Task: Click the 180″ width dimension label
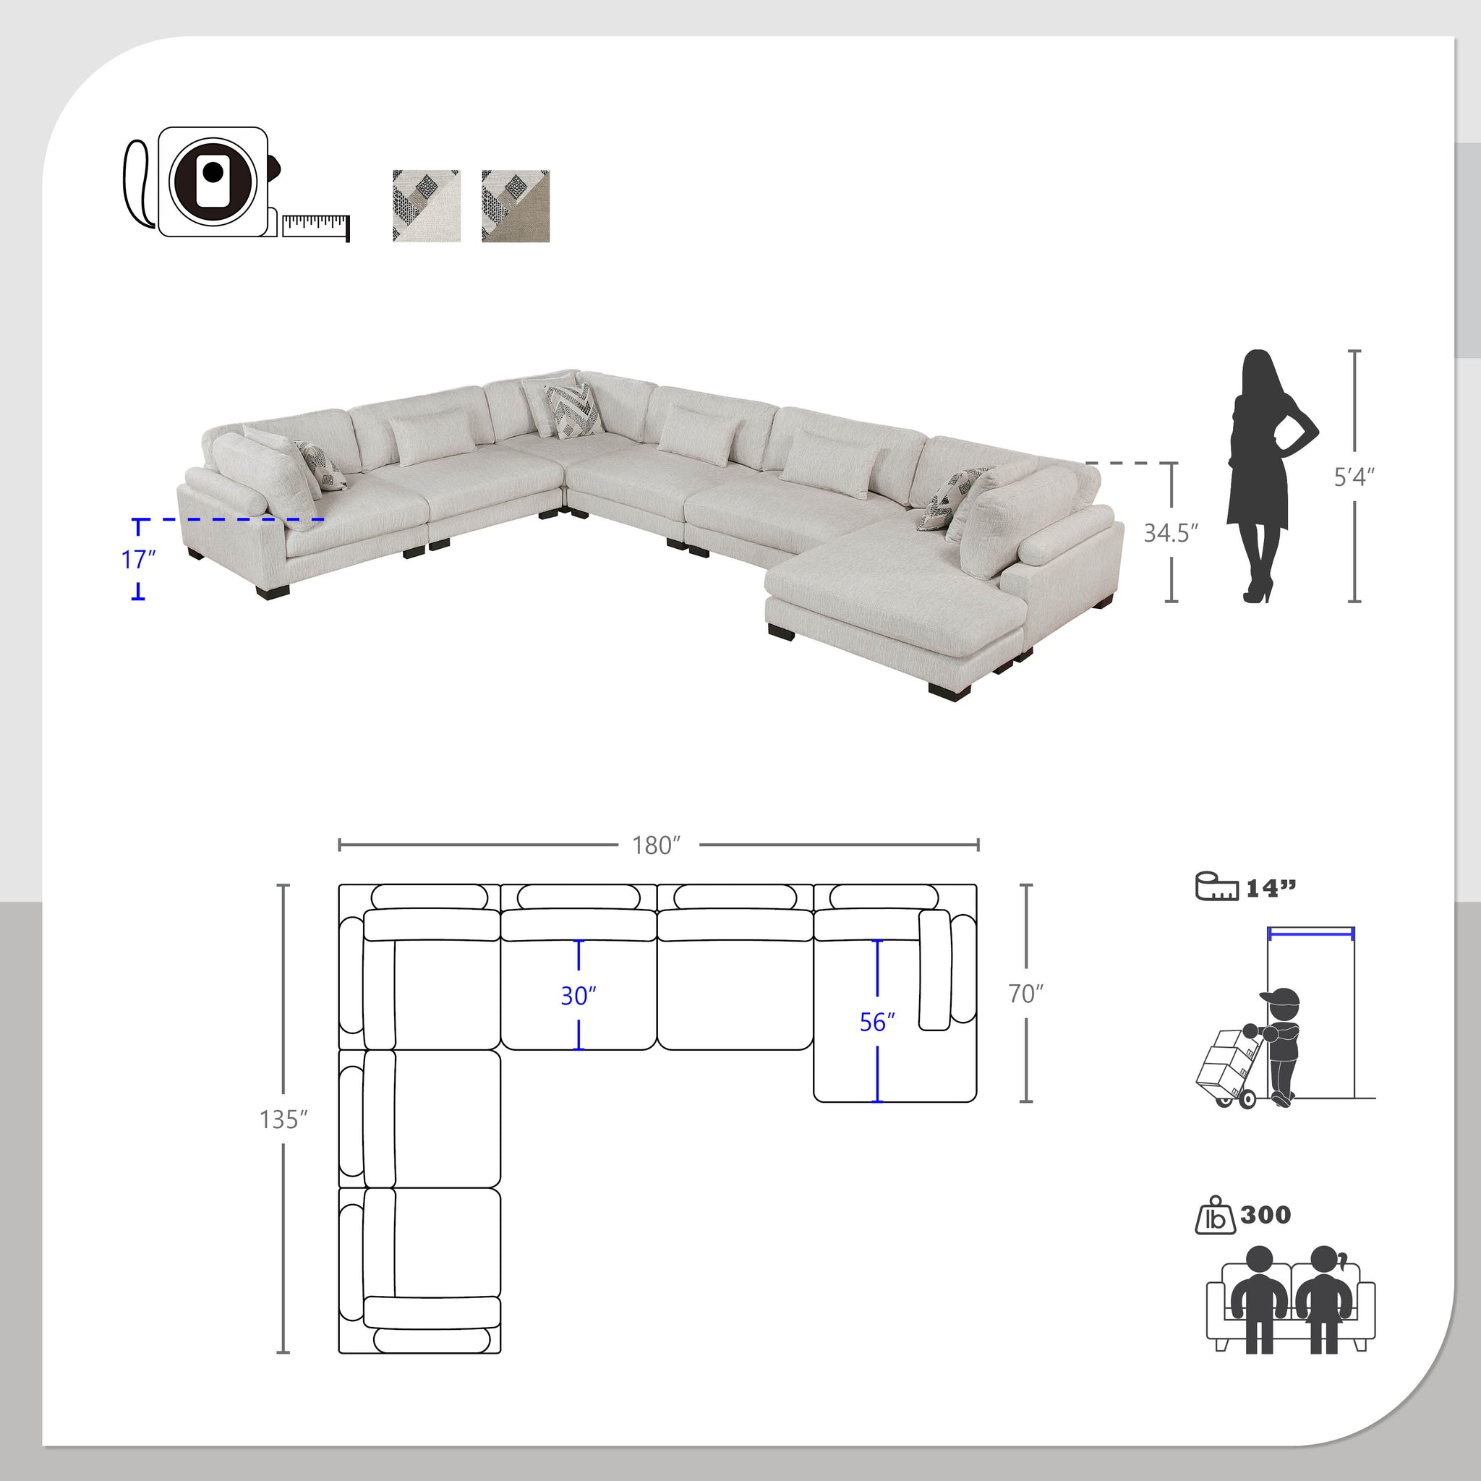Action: (656, 845)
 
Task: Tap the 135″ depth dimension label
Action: (283, 1119)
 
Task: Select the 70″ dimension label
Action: (1025, 994)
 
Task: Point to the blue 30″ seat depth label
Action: (578, 996)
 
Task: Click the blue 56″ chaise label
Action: (877, 1022)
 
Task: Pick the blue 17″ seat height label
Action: (138, 560)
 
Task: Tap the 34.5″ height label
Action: (1171, 533)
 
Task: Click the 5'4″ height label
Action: (1354, 477)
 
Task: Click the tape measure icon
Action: (236, 182)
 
